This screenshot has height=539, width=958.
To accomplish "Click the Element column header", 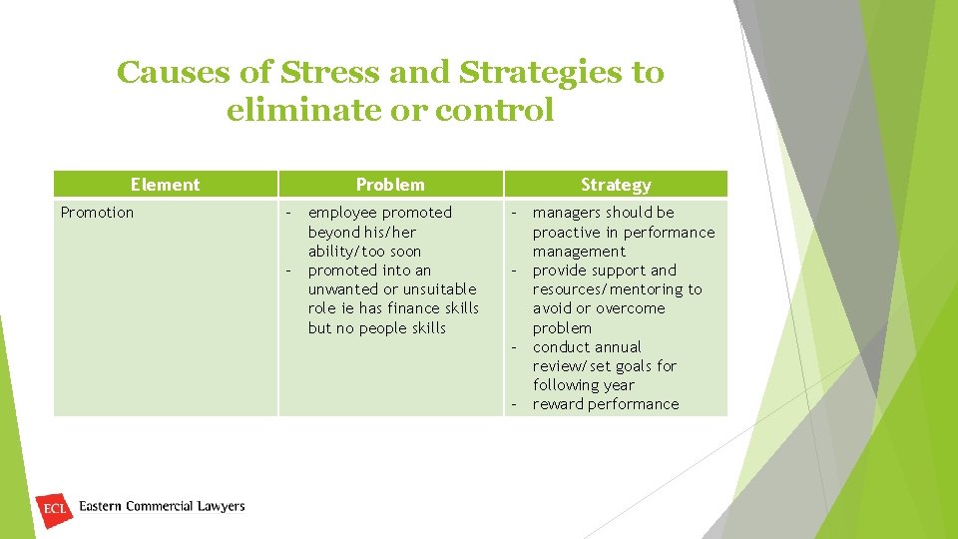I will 165,185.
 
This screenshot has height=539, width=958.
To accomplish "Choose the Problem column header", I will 390,185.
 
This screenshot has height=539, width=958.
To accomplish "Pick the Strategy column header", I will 616,185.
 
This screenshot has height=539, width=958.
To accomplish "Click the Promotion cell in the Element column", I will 97,213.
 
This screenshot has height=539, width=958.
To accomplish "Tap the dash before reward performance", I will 515,404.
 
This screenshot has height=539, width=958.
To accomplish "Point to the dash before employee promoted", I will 289,213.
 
